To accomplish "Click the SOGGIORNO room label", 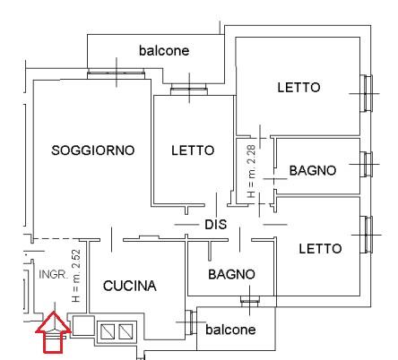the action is click(93, 150).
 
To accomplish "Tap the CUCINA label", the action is click(130, 286).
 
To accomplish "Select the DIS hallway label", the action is click(216, 224).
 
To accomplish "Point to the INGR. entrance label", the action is click(53, 274).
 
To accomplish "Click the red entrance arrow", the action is click(54, 332).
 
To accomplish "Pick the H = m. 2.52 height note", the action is click(76, 276).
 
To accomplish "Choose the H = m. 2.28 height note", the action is click(251, 171).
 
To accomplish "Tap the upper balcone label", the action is click(164, 50).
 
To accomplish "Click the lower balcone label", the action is click(230, 330).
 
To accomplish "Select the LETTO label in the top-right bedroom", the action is click(298, 88).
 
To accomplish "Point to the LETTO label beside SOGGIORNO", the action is click(193, 150).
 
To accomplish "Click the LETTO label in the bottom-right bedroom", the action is click(320, 249).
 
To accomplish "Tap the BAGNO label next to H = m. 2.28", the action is click(313, 170).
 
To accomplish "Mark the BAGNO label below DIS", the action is click(231, 274).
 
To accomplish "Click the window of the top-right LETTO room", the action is click(366, 93).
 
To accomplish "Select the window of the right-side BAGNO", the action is click(366, 164).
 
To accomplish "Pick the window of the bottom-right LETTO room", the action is click(366, 235).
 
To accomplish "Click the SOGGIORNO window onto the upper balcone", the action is click(117, 74).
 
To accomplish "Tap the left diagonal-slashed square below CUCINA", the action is click(108, 331).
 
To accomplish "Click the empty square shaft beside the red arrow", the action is click(83, 325).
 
